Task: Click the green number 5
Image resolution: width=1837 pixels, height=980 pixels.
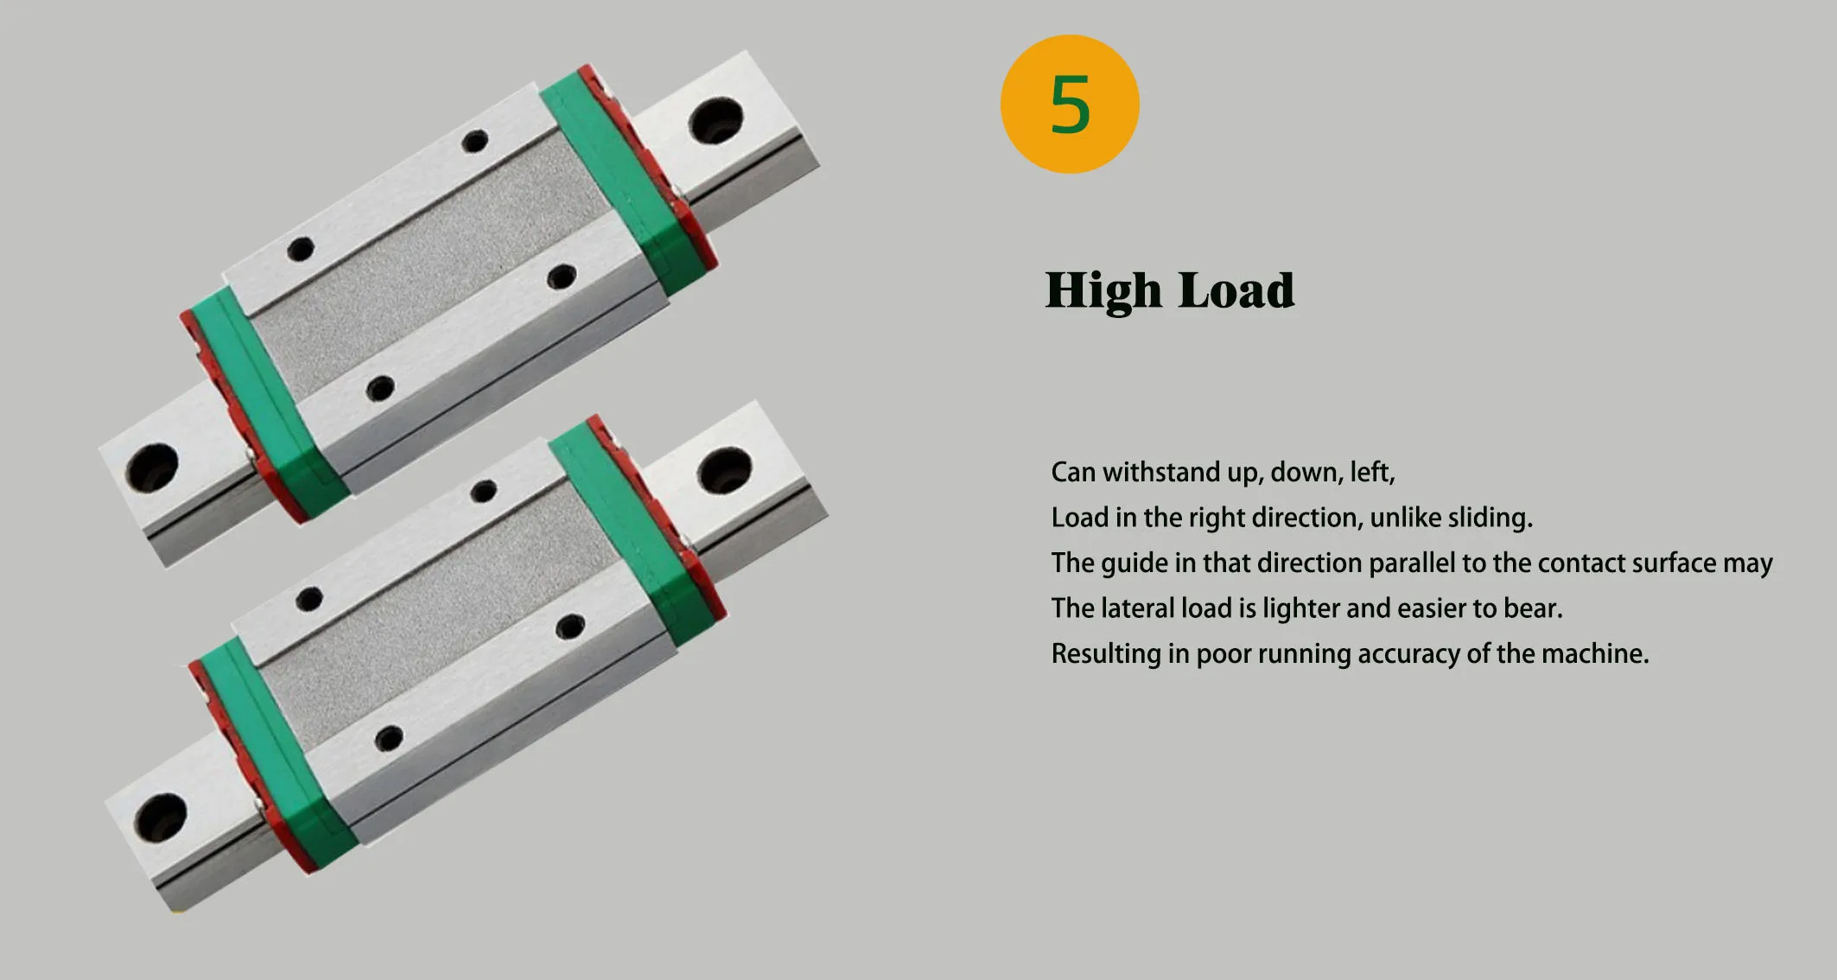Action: (1070, 105)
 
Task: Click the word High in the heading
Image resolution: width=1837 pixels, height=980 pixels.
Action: (1103, 290)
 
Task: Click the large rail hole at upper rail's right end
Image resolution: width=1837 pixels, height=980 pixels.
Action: (715, 120)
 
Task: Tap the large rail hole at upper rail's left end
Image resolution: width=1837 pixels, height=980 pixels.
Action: (152, 468)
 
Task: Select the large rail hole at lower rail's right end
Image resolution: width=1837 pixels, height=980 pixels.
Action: (724, 470)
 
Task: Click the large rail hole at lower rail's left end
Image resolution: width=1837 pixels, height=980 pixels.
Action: (161, 818)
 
